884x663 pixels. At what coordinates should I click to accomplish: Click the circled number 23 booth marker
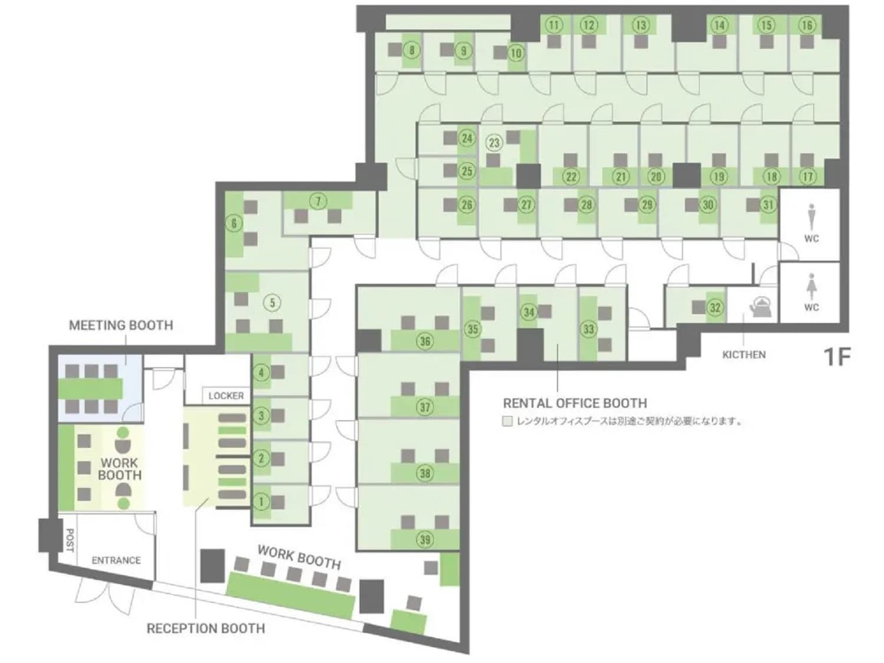[494, 143]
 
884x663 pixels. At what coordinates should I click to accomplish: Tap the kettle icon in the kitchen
[760, 306]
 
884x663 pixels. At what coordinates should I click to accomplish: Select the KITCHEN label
[744, 355]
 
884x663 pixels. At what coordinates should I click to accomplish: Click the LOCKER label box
[226, 395]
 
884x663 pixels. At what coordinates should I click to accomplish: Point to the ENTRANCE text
[116, 560]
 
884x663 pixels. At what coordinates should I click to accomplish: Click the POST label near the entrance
[70, 540]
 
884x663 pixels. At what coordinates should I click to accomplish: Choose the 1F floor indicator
[837, 357]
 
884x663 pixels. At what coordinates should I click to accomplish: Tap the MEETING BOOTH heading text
[121, 325]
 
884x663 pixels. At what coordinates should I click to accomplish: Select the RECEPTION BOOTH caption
[206, 629]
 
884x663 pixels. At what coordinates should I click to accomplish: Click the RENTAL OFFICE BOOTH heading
[575, 404]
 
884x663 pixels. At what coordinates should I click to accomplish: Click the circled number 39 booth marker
[425, 539]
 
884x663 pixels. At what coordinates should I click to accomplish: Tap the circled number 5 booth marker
[272, 303]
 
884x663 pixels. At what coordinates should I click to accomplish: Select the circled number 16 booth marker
[807, 25]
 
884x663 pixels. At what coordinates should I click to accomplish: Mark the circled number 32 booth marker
[715, 308]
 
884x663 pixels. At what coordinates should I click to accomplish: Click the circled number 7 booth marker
[318, 202]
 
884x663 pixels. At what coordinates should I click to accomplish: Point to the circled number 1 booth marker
[261, 502]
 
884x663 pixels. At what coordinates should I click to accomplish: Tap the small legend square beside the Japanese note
[507, 422]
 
